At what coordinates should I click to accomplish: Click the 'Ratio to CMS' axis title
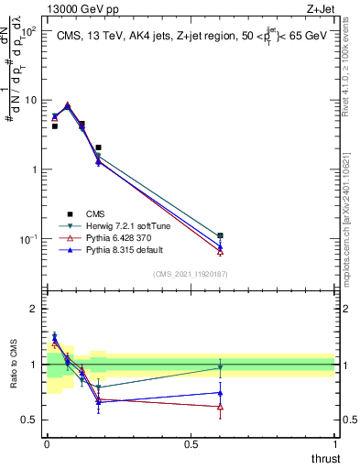click(13, 365)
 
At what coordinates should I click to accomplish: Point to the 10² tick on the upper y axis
click(29, 31)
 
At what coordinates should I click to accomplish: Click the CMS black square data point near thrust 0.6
click(220, 235)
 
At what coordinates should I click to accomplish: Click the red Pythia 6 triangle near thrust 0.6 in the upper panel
click(220, 251)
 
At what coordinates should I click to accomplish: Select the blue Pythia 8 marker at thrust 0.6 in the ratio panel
click(220, 393)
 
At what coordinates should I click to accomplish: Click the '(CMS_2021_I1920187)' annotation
click(190, 273)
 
